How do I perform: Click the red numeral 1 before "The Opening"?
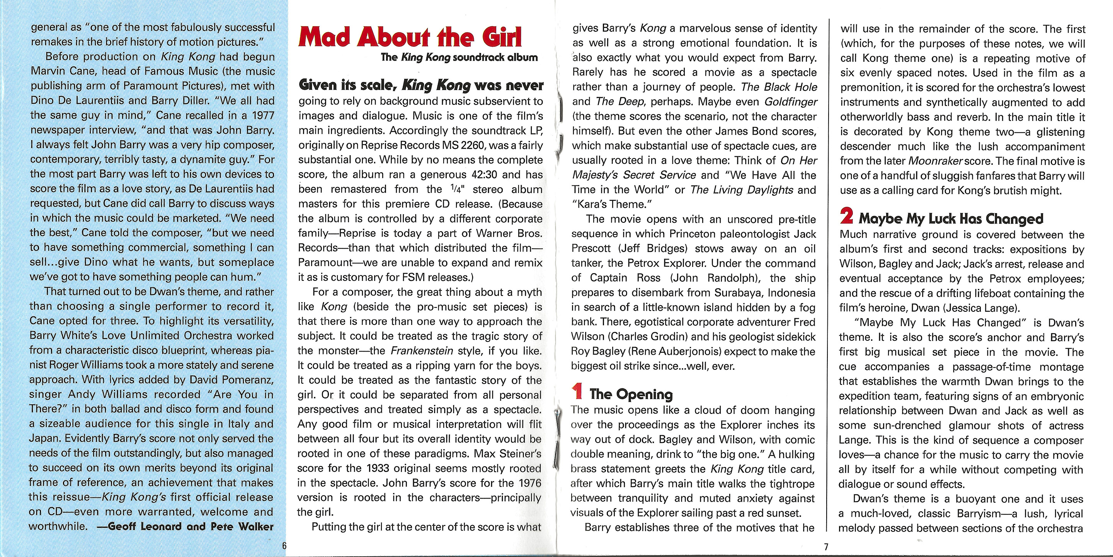577,391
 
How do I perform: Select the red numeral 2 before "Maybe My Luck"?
846,216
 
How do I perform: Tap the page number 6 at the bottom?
284,546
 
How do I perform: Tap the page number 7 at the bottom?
826,547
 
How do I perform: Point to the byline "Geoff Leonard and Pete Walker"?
190,526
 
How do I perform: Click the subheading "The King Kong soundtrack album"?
459,57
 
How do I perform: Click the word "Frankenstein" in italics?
422,351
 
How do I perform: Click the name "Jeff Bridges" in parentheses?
714,249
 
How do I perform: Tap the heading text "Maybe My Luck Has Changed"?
951,219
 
